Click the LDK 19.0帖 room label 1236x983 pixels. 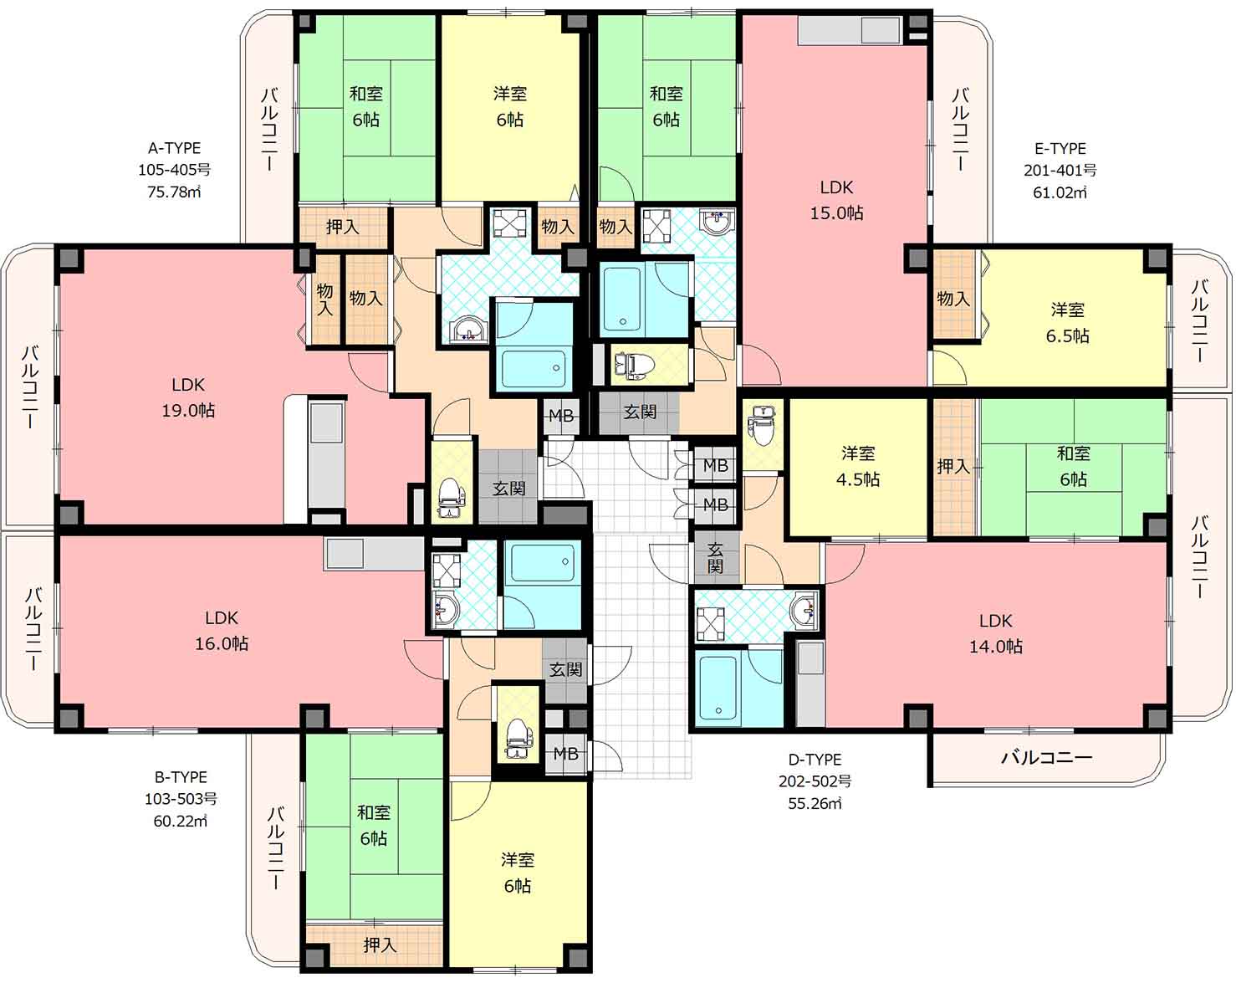[x=188, y=397]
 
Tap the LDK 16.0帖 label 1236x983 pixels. [x=222, y=630]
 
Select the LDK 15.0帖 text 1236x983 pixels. [x=836, y=200]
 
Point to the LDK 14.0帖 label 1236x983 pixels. [x=996, y=633]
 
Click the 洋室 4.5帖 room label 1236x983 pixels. [x=858, y=466]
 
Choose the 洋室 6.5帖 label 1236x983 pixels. [x=1068, y=322]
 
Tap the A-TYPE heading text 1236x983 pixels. [x=175, y=148]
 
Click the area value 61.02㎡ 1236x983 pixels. [x=1060, y=192]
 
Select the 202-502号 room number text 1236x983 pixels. [x=815, y=781]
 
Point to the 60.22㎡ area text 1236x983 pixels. [x=181, y=821]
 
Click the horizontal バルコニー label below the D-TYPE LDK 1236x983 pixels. [x=1046, y=757]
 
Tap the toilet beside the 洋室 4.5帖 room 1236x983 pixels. [x=762, y=426]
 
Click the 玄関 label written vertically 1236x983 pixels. [x=715, y=557]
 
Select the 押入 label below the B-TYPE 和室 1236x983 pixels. [x=380, y=945]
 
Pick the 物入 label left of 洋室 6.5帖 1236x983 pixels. [x=953, y=298]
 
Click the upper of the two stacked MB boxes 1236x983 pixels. [x=715, y=465]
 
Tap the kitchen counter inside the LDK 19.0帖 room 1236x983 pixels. [x=325, y=458]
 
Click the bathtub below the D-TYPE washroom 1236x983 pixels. [x=718, y=688]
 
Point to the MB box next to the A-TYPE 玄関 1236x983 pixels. [x=560, y=416]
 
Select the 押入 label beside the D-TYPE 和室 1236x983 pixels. [x=953, y=466]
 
